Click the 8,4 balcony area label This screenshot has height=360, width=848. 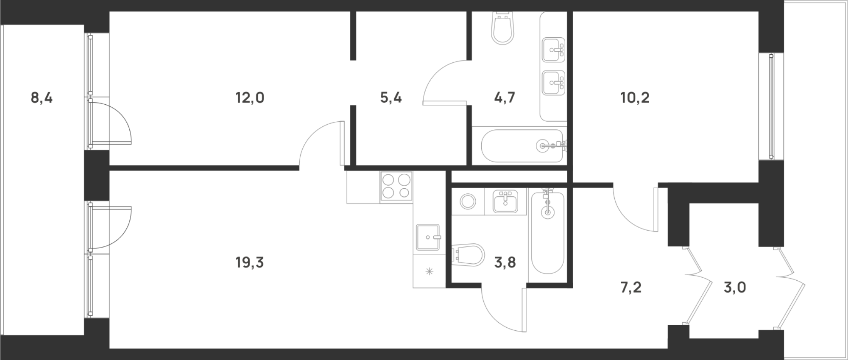tap(42, 98)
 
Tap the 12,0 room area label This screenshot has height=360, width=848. tap(250, 98)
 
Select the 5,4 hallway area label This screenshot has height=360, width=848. tap(391, 98)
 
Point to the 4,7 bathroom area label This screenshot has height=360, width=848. tap(505, 98)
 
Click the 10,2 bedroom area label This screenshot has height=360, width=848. tap(635, 98)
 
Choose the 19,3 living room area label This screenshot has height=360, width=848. tap(250, 263)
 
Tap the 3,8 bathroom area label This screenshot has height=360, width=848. tap(505, 263)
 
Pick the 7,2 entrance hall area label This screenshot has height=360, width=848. tap(630, 287)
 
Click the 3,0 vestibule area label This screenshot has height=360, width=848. tap(735, 287)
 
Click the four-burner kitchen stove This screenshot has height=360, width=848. tap(396, 186)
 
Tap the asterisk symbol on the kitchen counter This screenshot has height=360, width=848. tap(429, 271)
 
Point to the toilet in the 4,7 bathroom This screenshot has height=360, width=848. tap(502, 28)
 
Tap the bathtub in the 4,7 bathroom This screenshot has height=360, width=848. tap(522, 146)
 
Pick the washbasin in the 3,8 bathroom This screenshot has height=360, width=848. tap(505, 201)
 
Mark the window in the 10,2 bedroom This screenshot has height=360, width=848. tap(771, 106)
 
